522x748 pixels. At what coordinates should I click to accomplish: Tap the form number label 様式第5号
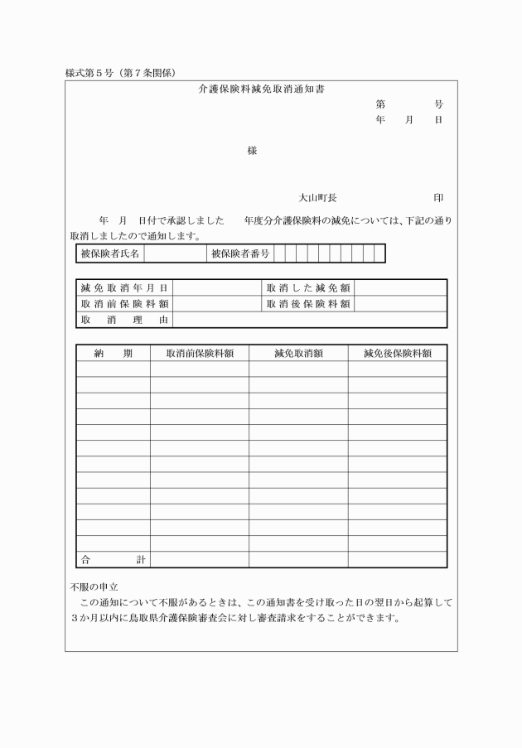[x=93, y=73]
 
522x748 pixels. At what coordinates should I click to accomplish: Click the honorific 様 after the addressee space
[x=252, y=151]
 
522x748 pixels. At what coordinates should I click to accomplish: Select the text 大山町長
[x=317, y=198]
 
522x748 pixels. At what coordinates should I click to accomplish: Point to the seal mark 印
[x=438, y=198]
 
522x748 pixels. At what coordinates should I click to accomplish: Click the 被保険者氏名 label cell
[x=110, y=253]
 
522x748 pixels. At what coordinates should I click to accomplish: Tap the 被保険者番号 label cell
[x=239, y=253]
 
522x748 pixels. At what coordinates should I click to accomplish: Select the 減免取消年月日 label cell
[x=124, y=287]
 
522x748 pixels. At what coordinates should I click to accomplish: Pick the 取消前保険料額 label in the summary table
[x=124, y=303]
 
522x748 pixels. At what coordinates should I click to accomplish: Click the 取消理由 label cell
[x=124, y=319]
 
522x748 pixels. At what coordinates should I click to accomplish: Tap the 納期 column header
[x=114, y=353]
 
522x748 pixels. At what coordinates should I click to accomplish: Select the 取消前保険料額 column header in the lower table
[x=199, y=353]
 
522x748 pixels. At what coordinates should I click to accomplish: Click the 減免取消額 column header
[x=298, y=353]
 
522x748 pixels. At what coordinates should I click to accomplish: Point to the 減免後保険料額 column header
[x=397, y=353]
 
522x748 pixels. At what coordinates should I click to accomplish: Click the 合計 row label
[x=114, y=559]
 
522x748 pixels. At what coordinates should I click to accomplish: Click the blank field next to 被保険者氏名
[x=175, y=253]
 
